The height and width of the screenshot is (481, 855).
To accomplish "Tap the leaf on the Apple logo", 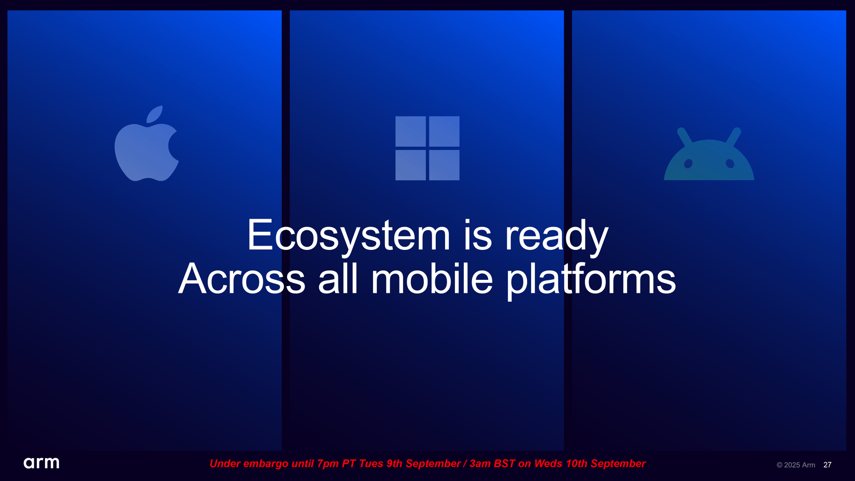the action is [x=154, y=114].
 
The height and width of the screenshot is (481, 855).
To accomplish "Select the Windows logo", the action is [x=427, y=148].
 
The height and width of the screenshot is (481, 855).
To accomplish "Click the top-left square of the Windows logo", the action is [x=410, y=131].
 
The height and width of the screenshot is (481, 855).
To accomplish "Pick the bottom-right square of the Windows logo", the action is [x=444, y=165].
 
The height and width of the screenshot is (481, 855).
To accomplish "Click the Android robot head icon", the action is [x=709, y=154].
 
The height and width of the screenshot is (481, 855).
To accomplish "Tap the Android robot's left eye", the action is [x=688, y=164].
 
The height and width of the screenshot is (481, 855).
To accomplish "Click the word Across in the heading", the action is [x=241, y=279].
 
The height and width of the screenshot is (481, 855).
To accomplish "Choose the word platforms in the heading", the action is [x=591, y=280].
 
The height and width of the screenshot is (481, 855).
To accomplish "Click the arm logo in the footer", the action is [x=41, y=463].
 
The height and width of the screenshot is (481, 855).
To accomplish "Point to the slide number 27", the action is [x=827, y=465].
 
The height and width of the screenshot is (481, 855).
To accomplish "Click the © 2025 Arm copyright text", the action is [x=796, y=465].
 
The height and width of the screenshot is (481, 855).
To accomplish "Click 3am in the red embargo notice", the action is [x=480, y=464].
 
